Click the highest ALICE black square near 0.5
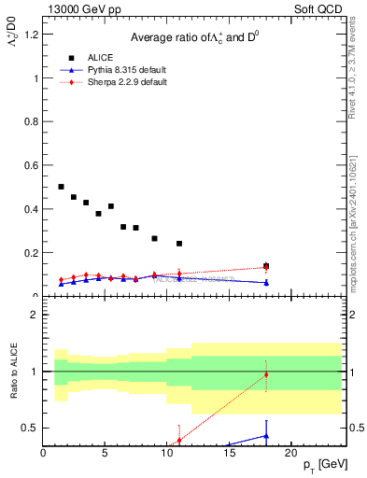click(x=62, y=187)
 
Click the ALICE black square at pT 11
click(x=179, y=244)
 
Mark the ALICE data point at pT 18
click(x=266, y=266)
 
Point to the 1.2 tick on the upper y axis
click(x=31, y=35)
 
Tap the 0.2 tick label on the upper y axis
click(x=31, y=253)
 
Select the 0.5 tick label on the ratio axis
click(x=31, y=428)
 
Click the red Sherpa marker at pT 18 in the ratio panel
click(x=266, y=375)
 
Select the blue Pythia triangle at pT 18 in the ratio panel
click(x=266, y=435)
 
